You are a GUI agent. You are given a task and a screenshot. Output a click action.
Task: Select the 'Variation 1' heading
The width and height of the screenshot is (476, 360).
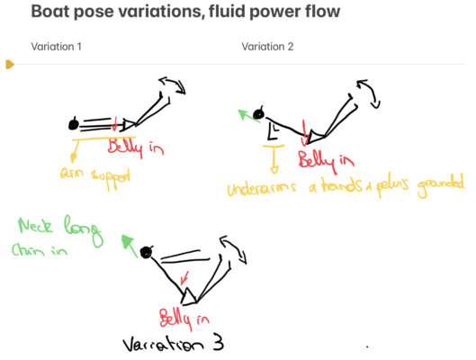pyautogui.click(x=57, y=46)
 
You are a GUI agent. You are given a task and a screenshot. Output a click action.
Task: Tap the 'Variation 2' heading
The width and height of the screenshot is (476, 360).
pyautogui.click(x=267, y=46)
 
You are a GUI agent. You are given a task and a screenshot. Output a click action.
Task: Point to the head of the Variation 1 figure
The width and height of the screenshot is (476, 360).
pyautogui.click(x=74, y=124)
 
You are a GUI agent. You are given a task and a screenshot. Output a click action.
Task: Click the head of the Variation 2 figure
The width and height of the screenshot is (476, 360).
pyautogui.click(x=258, y=114)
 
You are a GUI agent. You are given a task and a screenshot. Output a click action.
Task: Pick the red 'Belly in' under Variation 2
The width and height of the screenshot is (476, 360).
pyautogui.click(x=325, y=163)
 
